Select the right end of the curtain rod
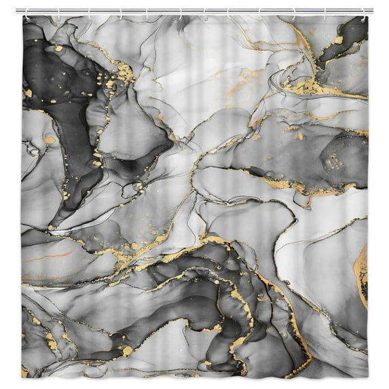tap(373, 10)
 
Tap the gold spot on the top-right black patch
tap(339, 40)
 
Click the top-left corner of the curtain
tap(22, 16)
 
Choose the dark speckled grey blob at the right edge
tap(339, 160)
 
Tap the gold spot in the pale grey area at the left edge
tap(50, 141)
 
